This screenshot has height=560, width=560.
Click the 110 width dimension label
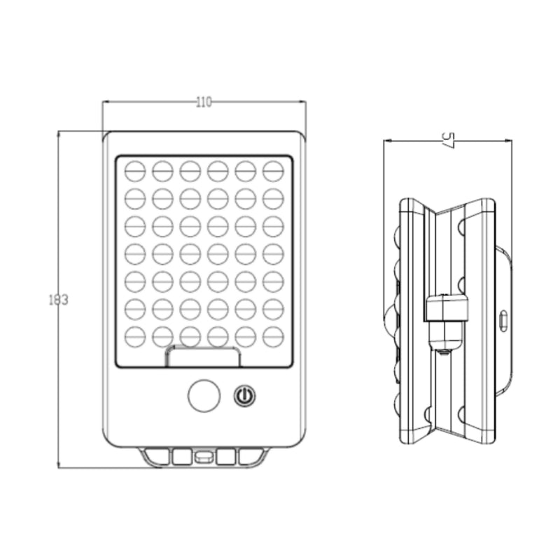pos(204,102)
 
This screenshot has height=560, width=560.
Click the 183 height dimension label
pos(58,300)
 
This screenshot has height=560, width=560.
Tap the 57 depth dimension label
pos(448,141)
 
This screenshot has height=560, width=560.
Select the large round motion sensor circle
pos(204,395)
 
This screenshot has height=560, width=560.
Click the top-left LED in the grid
pos(135,171)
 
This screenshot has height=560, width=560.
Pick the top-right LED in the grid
pos(273,171)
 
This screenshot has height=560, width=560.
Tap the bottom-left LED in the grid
pos(135,337)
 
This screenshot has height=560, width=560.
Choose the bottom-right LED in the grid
pos(273,337)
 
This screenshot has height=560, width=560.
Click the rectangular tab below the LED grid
pos(202,357)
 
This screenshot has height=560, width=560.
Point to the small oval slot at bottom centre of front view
pos(204,456)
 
